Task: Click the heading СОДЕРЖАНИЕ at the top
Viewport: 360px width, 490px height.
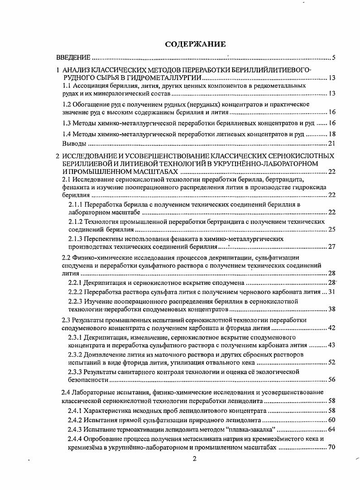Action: (195, 44)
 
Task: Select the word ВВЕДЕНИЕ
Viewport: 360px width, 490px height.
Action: (73, 58)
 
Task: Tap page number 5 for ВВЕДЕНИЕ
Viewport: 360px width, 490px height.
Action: (333, 58)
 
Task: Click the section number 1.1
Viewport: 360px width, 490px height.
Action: (67, 86)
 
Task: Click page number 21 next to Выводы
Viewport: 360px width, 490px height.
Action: (331, 144)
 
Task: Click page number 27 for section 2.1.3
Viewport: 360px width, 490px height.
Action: (331, 247)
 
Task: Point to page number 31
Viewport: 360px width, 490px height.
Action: (331, 292)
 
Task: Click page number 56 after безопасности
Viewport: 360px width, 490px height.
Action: (331, 380)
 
